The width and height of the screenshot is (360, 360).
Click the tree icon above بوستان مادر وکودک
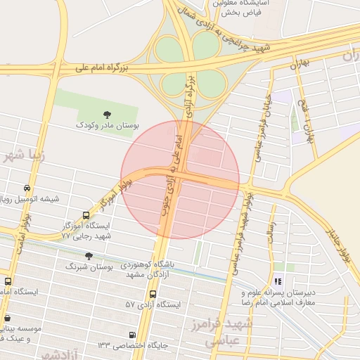click(x=107, y=114)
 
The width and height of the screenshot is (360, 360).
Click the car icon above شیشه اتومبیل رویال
click(x=27, y=188)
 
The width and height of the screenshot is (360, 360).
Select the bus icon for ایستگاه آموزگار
click(x=86, y=215)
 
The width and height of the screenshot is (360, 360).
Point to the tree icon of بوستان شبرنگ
click(x=89, y=256)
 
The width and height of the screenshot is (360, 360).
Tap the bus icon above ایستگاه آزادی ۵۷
click(x=153, y=294)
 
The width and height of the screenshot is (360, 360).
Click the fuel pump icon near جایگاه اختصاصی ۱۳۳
click(x=132, y=335)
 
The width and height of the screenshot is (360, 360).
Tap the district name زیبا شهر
click(x=24, y=155)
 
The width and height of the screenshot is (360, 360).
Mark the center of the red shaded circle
click(x=180, y=179)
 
